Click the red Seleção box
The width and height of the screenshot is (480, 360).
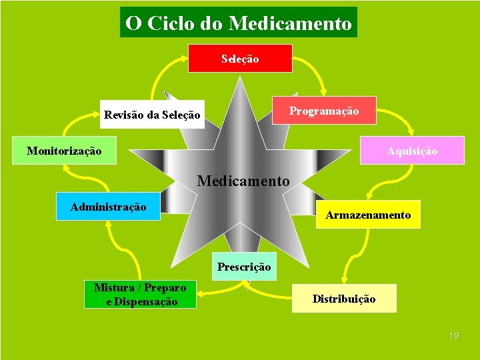click(240, 59)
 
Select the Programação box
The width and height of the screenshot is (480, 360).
click(324, 111)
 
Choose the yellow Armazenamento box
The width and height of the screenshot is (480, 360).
click(368, 215)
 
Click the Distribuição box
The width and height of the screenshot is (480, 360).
click(344, 299)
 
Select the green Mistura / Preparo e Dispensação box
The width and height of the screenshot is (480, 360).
click(141, 295)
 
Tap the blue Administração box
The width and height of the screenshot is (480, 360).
click(108, 207)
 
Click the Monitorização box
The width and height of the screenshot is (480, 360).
click(64, 151)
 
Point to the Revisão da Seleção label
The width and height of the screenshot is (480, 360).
click(152, 115)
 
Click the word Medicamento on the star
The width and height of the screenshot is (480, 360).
click(243, 181)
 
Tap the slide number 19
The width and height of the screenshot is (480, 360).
click(454, 336)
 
